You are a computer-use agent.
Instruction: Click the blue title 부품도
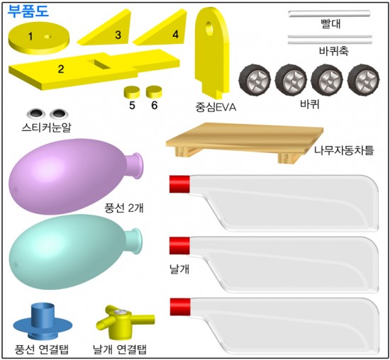click(28, 11)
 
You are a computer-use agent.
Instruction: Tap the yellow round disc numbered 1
click(39, 39)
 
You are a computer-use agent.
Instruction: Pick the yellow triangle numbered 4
click(161, 29)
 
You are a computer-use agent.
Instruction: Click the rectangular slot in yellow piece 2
click(99, 64)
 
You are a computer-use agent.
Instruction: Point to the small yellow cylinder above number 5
click(132, 91)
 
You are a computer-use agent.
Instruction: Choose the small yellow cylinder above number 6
click(154, 91)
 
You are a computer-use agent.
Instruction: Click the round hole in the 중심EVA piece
click(208, 28)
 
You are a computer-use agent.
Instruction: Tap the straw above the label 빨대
click(329, 13)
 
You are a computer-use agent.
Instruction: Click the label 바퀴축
click(334, 51)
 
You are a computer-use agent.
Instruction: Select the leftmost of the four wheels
click(255, 79)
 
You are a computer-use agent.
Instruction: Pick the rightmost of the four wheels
click(364, 79)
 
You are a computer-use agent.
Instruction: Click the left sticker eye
click(36, 113)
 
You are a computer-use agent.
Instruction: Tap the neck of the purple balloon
click(136, 165)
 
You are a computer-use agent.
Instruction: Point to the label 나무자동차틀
click(344, 150)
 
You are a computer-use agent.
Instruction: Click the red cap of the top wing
click(179, 184)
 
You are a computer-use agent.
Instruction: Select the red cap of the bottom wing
click(180, 307)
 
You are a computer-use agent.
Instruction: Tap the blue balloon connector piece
click(43, 322)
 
